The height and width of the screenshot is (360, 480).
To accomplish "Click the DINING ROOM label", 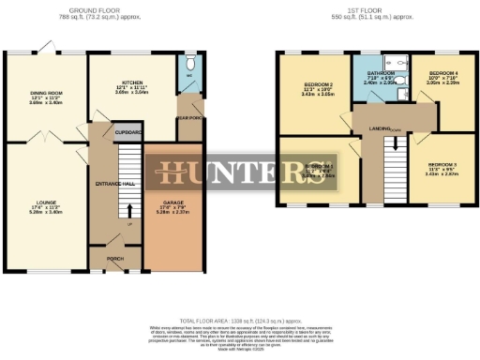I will (45, 94).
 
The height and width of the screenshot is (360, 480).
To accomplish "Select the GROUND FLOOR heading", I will (103, 10).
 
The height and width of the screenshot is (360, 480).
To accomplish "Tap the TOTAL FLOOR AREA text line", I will (240, 321).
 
